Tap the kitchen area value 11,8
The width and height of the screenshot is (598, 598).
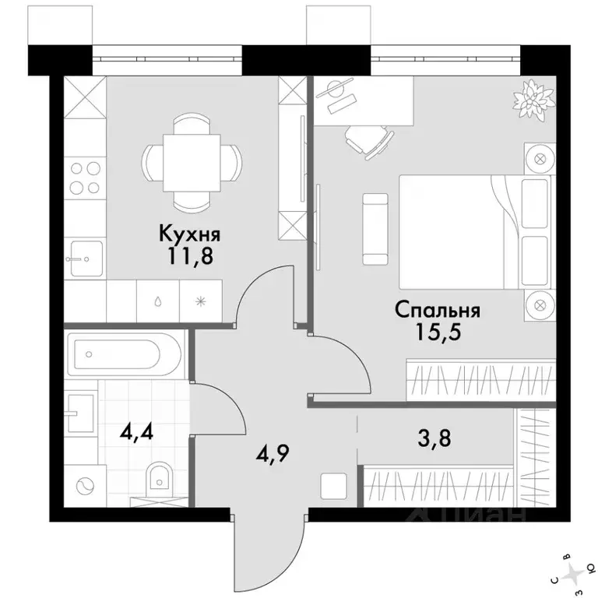pyautogui.click(x=190, y=256)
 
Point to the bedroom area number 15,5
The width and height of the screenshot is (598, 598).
pyautogui.click(x=438, y=332)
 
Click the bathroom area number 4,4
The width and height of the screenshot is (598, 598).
pyautogui.click(x=136, y=431)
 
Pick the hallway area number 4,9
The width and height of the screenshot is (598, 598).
pyautogui.click(x=273, y=452)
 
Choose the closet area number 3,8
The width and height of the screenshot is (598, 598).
pyautogui.click(x=434, y=438)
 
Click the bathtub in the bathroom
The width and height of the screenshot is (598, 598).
pyautogui.click(x=125, y=354)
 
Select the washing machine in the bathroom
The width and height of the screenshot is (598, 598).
pyautogui.click(x=85, y=486)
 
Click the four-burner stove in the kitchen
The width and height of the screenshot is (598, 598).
pyautogui.click(x=85, y=178)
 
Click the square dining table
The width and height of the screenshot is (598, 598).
pyautogui.click(x=192, y=163)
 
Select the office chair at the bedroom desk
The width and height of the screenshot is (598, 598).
pyautogui.click(x=368, y=140)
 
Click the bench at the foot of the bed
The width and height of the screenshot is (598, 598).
pyautogui.click(x=375, y=229)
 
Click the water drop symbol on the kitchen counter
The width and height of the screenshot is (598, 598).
pyautogui.click(x=158, y=302)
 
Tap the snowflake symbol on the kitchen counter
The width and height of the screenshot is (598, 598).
pyautogui.click(x=201, y=302)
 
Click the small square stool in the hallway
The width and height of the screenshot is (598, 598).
pyautogui.click(x=334, y=486)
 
